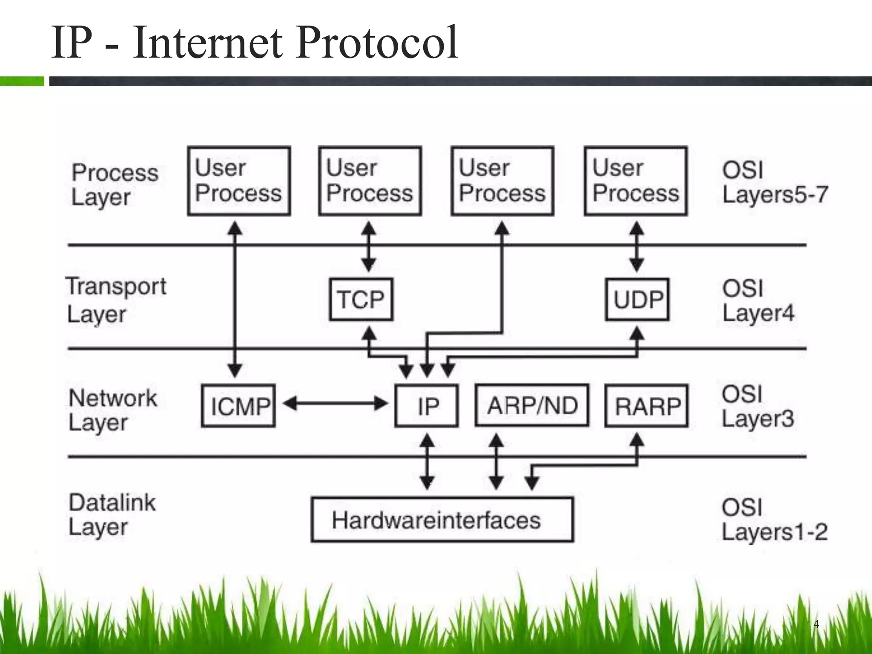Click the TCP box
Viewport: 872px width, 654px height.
point(361,299)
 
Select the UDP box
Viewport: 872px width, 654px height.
point(637,299)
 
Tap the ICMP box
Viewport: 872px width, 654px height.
point(238,405)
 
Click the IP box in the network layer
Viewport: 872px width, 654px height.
point(427,405)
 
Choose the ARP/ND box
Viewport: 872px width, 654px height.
point(532,405)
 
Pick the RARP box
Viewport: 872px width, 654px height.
point(646,405)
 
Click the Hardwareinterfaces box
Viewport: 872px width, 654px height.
point(442,519)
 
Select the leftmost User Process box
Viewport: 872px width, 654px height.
point(239,181)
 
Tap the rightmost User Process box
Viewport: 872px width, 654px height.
point(636,181)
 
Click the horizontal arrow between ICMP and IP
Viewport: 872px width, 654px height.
point(336,403)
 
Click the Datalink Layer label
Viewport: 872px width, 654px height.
point(112,515)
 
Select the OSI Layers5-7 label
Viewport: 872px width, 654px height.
point(774,182)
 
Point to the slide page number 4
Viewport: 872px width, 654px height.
point(816,624)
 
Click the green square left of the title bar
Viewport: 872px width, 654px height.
point(22,81)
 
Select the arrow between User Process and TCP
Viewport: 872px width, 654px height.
point(368,247)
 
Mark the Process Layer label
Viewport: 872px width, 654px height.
point(114,184)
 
